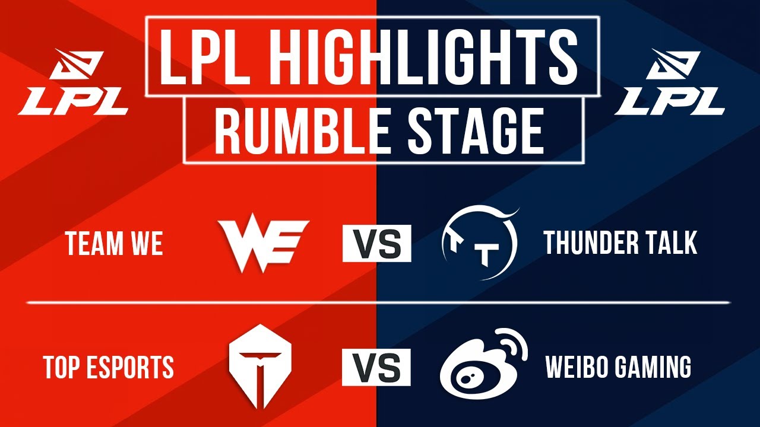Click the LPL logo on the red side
click(74, 83)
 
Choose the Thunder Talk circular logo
click(480, 243)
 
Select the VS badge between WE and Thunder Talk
click(376, 244)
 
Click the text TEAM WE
click(114, 244)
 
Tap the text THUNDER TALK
click(620, 243)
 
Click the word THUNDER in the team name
click(587, 243)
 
